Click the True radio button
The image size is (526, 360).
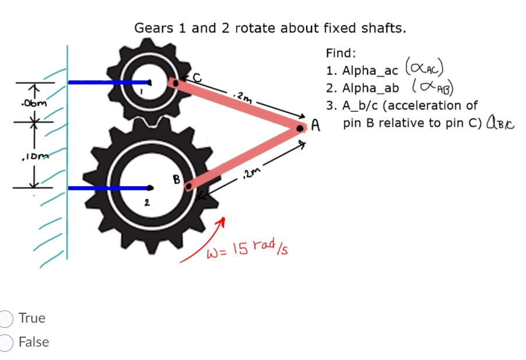(6, 319)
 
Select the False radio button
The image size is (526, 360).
(6, 342)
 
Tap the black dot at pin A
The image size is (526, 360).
(300, 127)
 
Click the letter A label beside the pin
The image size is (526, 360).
(315, 125)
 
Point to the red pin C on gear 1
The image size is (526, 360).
(173, 83)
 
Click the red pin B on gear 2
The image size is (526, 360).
(188, 187)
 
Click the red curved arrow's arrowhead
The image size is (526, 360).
(221, 223)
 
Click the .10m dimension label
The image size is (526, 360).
(29, 156)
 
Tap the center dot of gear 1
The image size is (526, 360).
(150, 82)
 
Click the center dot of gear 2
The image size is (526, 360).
(150, 188)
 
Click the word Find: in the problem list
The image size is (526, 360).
(341, 53)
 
